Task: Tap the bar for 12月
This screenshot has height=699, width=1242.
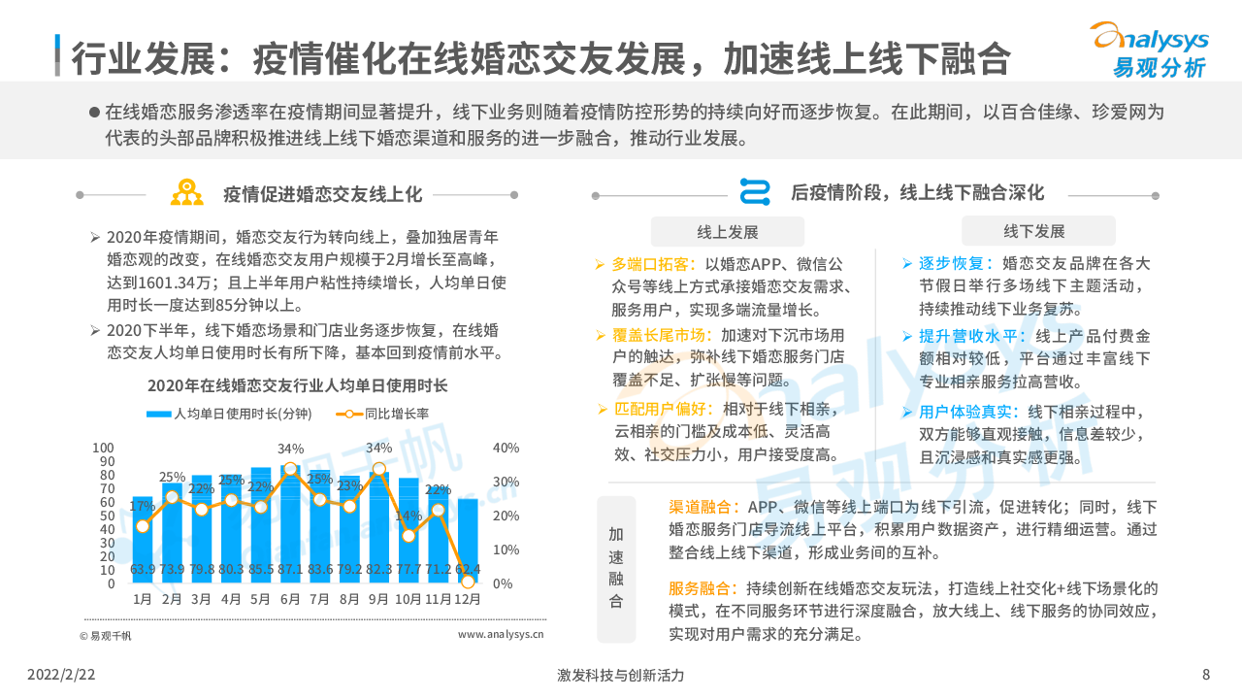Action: tap(468, 541)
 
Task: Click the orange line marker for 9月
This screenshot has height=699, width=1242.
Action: tap(379, 469)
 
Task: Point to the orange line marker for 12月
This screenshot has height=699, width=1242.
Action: tap(468, 582)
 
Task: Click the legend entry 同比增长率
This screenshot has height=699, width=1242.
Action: tap(387, 414)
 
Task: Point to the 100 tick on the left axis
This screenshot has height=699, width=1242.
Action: tap(103, 448)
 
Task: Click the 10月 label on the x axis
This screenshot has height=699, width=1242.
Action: tap(409, 599)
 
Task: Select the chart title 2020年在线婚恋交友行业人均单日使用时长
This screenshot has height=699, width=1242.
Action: tap(297, 385)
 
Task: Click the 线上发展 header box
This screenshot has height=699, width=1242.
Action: tap(727, 231)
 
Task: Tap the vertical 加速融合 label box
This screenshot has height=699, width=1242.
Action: tap(616, 568)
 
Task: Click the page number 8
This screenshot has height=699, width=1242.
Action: tap(1206, 675)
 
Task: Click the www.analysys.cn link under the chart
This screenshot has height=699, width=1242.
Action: tap(501, 635)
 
